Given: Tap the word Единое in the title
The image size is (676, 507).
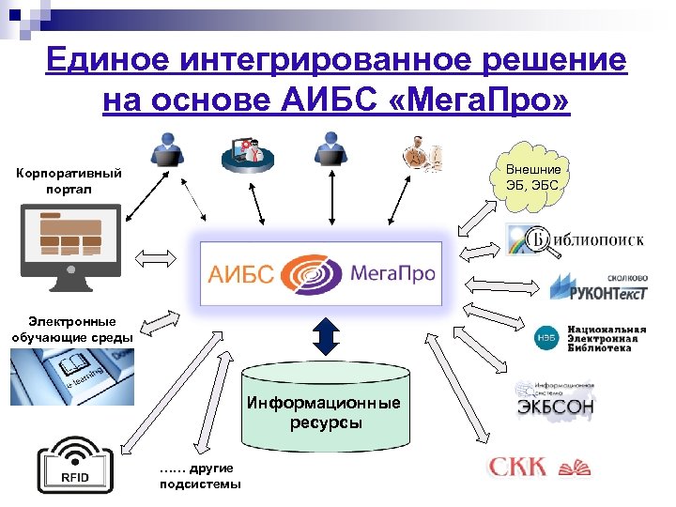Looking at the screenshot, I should tap(100, 59).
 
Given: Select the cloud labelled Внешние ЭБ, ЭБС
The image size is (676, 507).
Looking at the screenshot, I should tap(533, 175).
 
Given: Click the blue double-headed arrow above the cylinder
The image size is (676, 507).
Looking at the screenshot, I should tap(325, 334).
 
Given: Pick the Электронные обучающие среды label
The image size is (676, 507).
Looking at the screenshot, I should tap(71, 329).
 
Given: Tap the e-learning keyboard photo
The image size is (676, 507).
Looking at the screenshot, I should tap(71, 376).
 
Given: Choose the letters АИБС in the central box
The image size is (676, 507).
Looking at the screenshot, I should tap(241, 274).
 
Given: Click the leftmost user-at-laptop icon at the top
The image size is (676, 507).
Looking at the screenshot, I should tap(169, 152).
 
